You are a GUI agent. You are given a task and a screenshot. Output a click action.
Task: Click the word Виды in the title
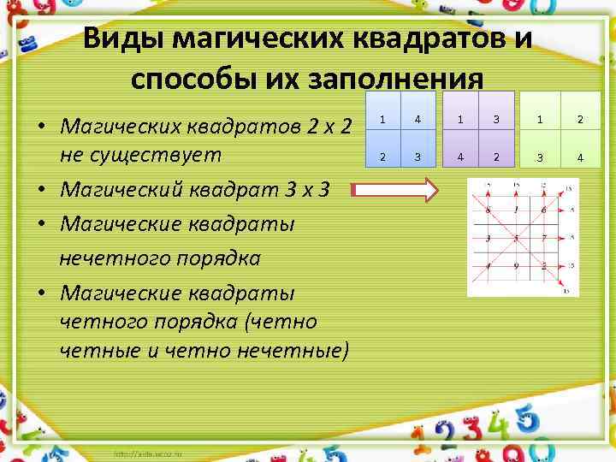coord(123,39)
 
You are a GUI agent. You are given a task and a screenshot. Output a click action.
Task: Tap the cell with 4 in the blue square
coord(417,119)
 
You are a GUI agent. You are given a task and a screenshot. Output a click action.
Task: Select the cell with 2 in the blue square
coord(382,157)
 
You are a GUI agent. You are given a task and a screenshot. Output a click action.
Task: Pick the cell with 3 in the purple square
coord(494,119)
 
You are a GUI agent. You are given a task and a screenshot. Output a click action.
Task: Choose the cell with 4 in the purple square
coord(459,157)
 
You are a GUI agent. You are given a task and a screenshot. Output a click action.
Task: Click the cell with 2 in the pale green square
coord(579,119)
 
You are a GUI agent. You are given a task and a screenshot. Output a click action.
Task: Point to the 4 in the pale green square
coord(579,157)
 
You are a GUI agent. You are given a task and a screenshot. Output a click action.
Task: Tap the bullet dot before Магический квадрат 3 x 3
coord(41,190)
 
